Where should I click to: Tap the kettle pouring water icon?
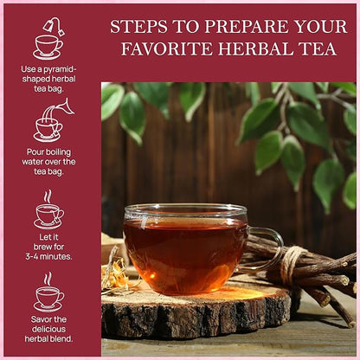point(50,122)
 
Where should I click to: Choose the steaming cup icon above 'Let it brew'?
point(48,210)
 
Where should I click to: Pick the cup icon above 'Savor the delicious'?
point(48,294)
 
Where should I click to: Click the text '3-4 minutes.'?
point(48,256)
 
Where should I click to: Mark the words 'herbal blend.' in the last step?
point(48,338)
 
